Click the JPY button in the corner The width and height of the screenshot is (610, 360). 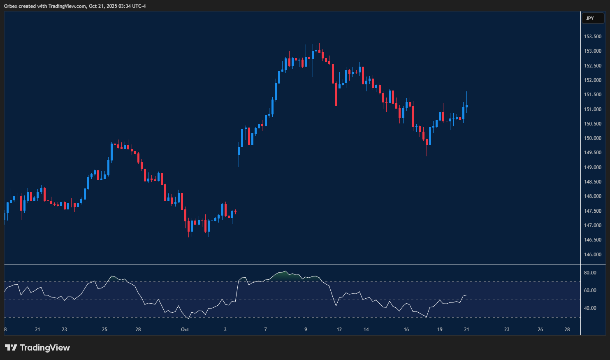592,19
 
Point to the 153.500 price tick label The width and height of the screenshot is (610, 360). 593,37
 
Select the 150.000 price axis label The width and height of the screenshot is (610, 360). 593,138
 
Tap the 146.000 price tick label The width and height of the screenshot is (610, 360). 593,255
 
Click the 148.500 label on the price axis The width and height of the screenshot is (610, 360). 593,182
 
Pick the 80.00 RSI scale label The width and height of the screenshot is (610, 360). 590,273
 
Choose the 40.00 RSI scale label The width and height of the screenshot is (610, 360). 590,308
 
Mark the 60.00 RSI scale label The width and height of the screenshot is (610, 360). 590,290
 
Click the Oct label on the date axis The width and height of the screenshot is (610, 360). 185,330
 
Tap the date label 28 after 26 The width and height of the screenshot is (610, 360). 567,330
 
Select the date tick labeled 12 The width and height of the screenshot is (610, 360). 339,330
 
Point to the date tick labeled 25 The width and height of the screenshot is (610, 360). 104,330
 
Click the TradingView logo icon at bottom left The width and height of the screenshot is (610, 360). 11,348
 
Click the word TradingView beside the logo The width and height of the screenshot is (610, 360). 45,348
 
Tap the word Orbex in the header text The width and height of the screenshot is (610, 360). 11,6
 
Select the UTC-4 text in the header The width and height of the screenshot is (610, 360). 138,6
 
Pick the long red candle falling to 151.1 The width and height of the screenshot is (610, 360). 336,94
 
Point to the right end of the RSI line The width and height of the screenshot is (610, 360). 466,295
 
